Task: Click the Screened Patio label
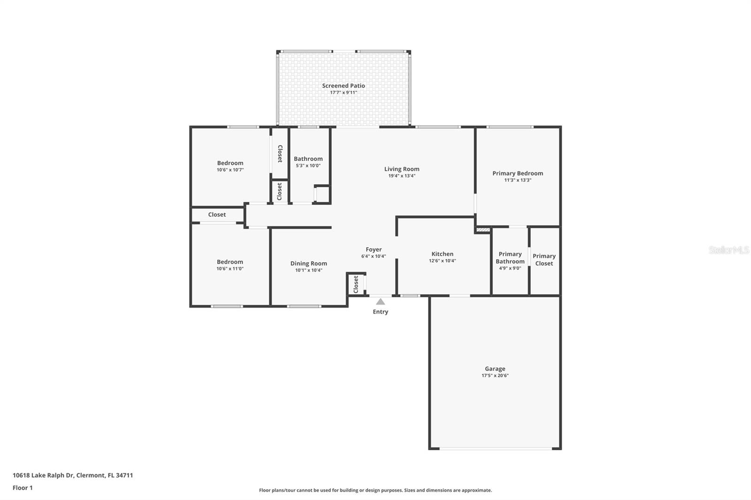coord(343,86)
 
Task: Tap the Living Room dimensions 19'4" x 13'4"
coord(401,176)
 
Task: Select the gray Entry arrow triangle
coord(380,302)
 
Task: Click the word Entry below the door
coord(380,312)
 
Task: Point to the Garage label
coord(495,369)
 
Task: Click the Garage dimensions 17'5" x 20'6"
coord(495,376)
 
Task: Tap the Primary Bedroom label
coord(517,173)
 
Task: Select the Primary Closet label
coord(544,259)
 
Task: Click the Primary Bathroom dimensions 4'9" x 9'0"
coord(510,268)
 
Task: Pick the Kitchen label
coord(442,254)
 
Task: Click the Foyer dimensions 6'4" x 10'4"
coord(374,257)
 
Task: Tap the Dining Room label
coord(308,264)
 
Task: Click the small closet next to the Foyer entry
coord(356,284)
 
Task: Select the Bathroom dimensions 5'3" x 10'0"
coord(308,166)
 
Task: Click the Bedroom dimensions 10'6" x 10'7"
coord(230,170)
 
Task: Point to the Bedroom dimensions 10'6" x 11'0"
coord(230,269)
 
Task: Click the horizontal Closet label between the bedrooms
coord(217,214)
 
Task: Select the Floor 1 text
coord(23,488)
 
